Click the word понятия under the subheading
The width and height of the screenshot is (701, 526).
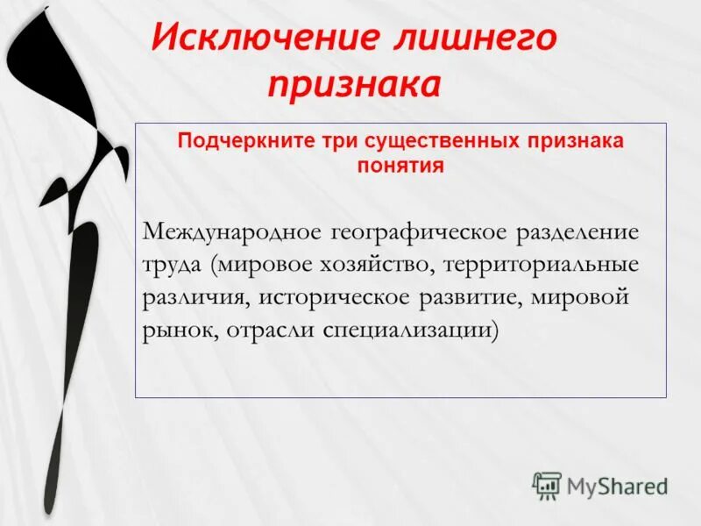(x=400, y=164)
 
